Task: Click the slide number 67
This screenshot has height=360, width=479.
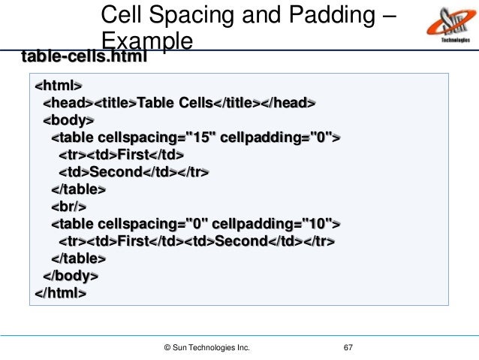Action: click(348, 348)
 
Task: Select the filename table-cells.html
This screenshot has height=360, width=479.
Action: click(83, 56)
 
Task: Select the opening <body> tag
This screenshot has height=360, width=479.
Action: click(68, 120)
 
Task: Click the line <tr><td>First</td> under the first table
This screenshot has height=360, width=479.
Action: click(122, 155)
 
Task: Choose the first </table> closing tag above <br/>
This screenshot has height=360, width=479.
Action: click(79, 189)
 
